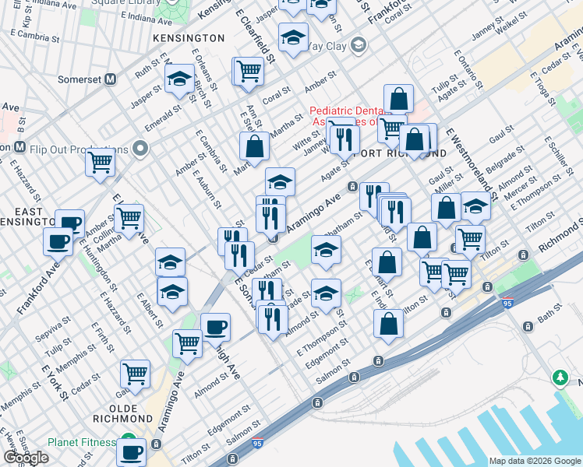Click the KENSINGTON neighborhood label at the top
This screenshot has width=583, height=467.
[x=189, y=37]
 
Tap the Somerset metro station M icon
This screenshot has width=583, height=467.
[x=111, y=79]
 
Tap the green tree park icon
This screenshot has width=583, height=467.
[x=560, y=378]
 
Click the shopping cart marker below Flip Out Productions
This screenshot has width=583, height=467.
[x=100, y=163]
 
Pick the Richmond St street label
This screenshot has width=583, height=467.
[x=556, y=242]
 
